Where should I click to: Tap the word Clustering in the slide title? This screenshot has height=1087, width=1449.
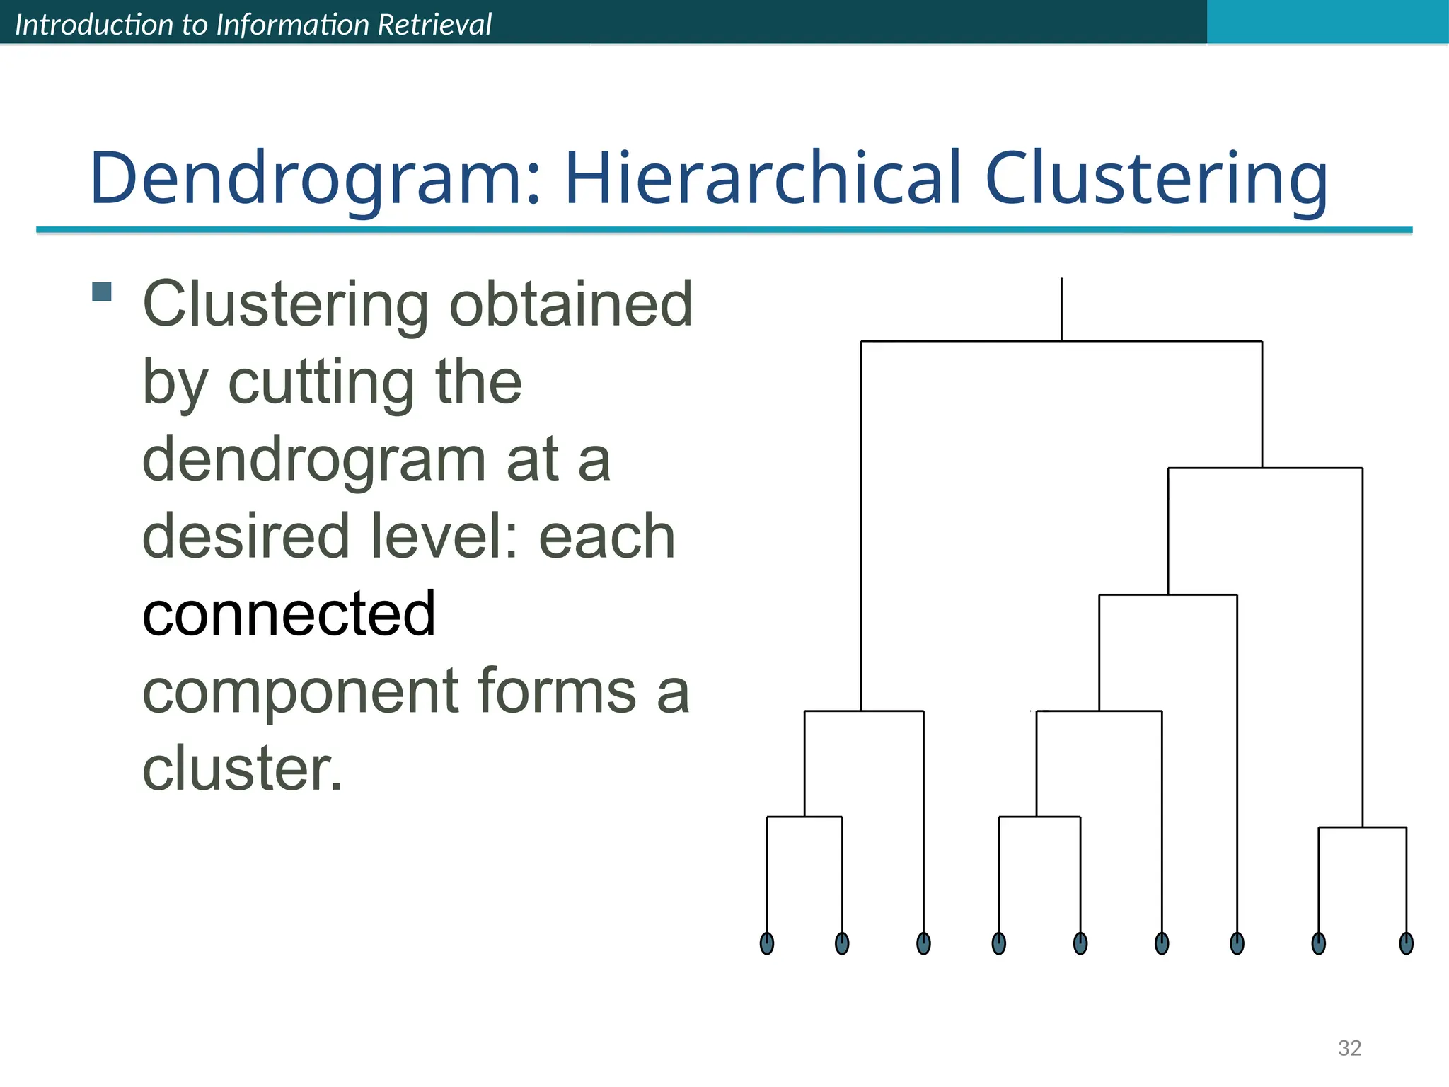tap(1156, 179)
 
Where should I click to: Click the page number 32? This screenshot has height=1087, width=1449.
tap(1349, 1048)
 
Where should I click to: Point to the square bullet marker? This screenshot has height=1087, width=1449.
tap(102, 292)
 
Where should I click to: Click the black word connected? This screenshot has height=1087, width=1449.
tap(289, 614)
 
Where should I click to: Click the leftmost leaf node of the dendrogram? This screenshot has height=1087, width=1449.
tap(767, 943)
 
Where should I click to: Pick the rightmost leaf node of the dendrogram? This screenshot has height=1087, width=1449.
tap(1407, 943)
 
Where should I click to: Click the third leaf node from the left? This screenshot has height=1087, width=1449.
tap(923, 943)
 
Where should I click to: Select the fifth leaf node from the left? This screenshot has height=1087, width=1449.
tap(1080, 943)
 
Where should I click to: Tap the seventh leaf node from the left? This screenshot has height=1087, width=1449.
tap(1237, 943)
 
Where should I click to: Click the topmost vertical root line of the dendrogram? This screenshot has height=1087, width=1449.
tap(1061, 309)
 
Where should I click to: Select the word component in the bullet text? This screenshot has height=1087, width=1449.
tap(300, 691)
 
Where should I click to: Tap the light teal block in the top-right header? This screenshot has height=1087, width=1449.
tap(1327, 21)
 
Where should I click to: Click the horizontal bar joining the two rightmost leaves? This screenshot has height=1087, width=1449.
tap(1362, 827)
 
